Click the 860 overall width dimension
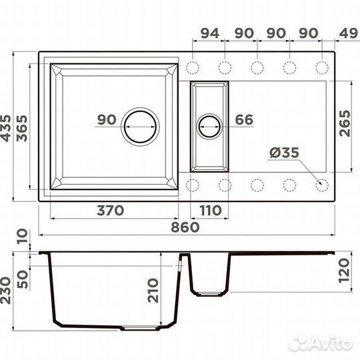click(x=185, y=227)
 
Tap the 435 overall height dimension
click(x=5, y=128)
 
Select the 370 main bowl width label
click(x=111, y=211)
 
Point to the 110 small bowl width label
click(x=210, y=211)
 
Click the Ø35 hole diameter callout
click(x=284, y=152)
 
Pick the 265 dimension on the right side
click(x=345, y=123)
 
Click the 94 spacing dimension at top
click(x=210, y=33)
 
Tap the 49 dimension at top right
click(x=348, y=33)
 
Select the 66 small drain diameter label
click(x=244, y=119)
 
